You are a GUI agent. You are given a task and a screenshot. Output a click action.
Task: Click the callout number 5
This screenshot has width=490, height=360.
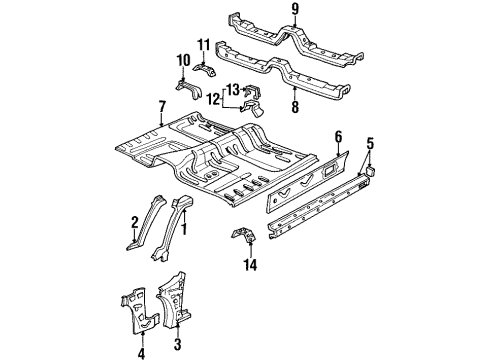click(x=370, y=144)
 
